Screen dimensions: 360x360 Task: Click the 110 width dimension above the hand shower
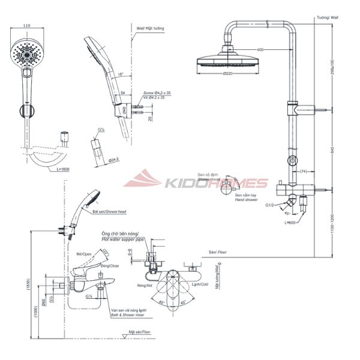pyautogui.click(x=26, y=26)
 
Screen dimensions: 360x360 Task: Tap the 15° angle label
pyautogui.click(x=121, y=74)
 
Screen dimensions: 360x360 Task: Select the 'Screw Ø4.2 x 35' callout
pyautogui.click(x=157, y=93)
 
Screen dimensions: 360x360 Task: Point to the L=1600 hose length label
pyautogui.click(x=62, y=170)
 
